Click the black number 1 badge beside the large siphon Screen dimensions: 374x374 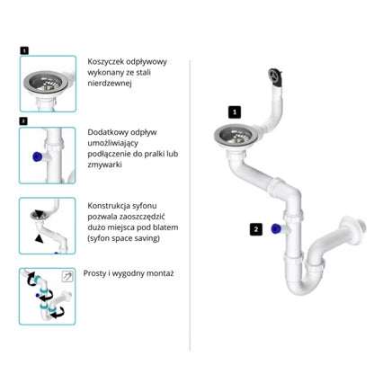point(235,112)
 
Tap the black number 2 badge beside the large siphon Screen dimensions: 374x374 point(256,229)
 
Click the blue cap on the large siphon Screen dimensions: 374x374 point(276,229)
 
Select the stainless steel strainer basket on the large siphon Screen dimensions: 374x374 point(234,135)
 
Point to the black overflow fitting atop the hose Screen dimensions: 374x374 point(275,76)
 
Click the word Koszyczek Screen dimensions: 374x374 point(106,62)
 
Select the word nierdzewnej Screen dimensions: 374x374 point(110,84)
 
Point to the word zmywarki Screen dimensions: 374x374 point(104,165)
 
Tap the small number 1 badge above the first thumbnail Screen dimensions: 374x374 point(24,50)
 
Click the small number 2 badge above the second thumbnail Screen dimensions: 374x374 point(23,121)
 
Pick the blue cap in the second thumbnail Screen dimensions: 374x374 point(37,156)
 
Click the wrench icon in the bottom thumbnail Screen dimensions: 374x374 point(67,276)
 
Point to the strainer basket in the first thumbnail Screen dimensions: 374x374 point(47,81)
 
